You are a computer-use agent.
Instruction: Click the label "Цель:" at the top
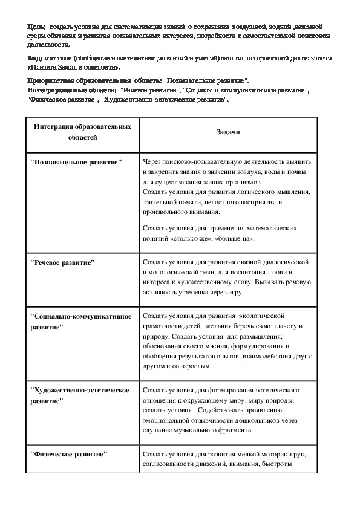click(36, 27)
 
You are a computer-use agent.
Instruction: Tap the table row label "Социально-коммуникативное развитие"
click(80, 320)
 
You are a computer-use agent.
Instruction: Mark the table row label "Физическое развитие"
click(68, 453)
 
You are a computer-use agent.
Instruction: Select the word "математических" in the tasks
click(267, 229)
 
